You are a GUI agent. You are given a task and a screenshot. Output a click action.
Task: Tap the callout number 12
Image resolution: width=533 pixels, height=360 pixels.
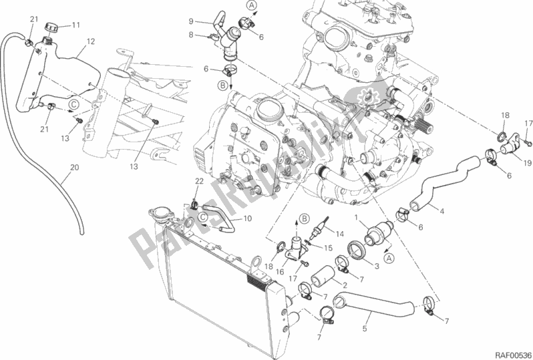click(x=90, y=41)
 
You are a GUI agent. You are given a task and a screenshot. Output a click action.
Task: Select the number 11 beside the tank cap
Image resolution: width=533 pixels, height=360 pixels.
click(x=75, y=25)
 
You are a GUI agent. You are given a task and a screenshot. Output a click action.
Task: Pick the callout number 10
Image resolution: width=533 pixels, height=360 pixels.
click(x=246, y=218)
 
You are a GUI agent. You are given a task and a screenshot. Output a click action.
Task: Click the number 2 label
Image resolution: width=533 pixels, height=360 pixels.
click(x=345, y=285)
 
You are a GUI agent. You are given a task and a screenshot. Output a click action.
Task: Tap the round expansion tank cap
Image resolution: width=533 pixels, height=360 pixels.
click(x=53, y=27)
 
